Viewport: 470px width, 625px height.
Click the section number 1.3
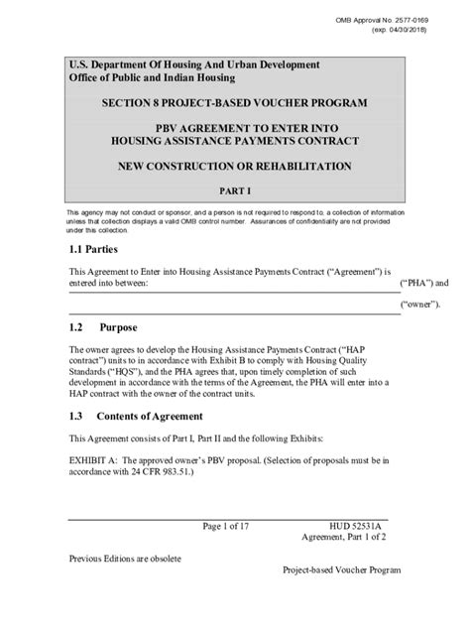[x=77, y=417]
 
